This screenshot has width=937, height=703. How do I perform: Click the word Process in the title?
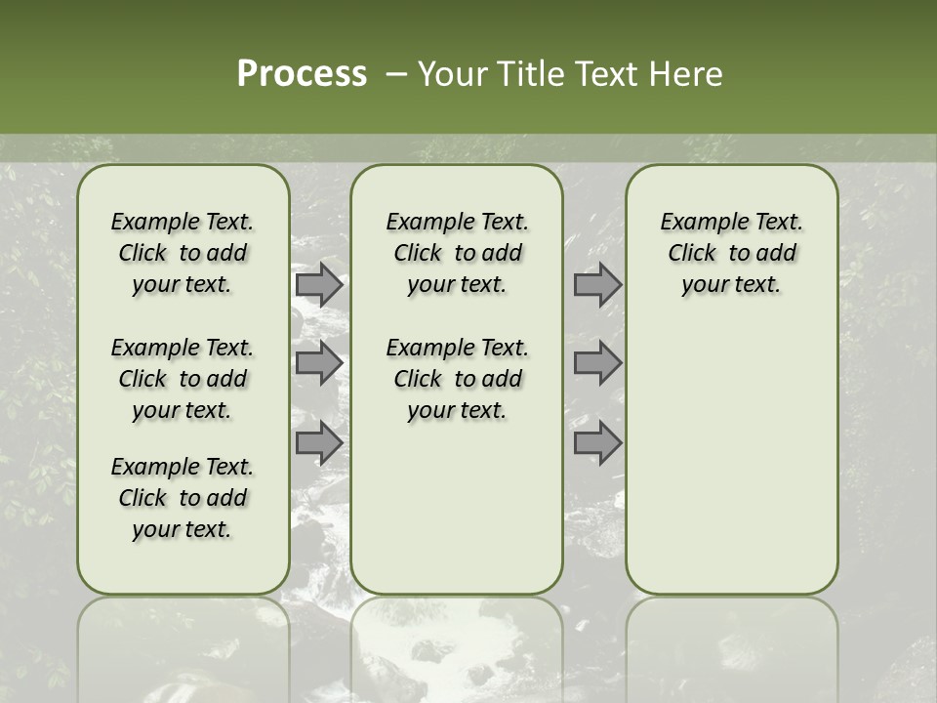[302, 74]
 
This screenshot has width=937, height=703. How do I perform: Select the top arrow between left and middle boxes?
[319, 285]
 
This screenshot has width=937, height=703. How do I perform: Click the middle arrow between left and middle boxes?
[319, 363]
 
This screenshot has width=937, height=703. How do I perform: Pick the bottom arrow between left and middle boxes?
[319, 442]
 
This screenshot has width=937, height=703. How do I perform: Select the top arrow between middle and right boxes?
[597, 285]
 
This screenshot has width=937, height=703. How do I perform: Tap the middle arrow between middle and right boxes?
[597, 363]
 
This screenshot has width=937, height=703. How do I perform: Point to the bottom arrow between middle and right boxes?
[597, 442]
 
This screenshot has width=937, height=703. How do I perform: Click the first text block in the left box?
[183, 253]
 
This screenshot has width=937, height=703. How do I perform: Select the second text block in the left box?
[183, 379]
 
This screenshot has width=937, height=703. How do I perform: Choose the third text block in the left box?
[183, 498]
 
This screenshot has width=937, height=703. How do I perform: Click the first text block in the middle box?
[457, 253]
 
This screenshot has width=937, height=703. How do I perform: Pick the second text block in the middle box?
[457, 379]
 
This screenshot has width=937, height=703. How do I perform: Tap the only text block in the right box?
[731, 253]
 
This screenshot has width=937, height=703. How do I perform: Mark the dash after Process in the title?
[395, 74]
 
